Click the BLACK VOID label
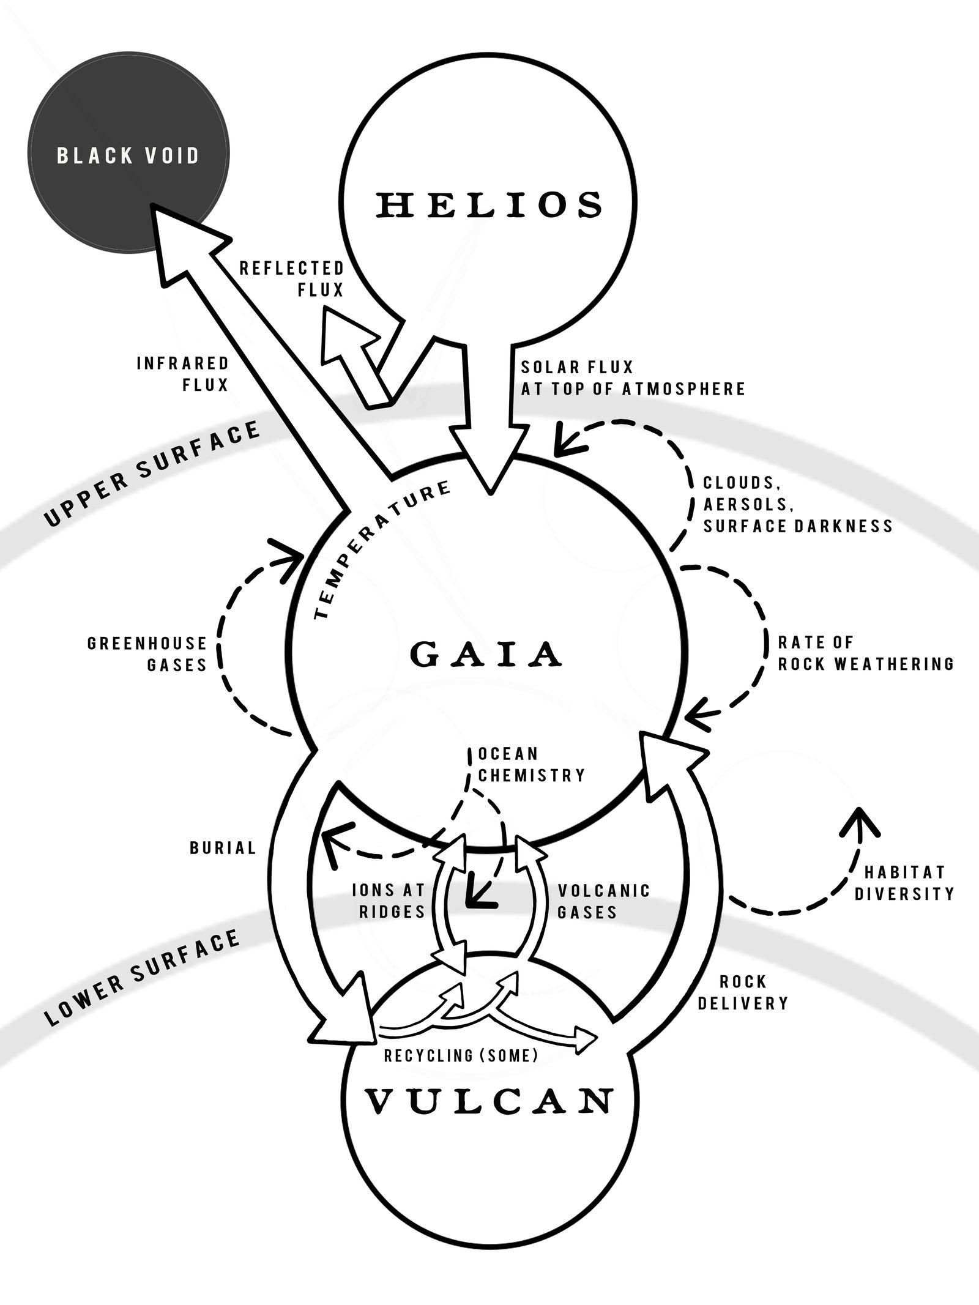128,155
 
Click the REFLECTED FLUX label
292,279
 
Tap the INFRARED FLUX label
182,374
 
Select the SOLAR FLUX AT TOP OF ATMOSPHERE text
633,377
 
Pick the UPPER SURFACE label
153,473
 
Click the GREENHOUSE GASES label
147,654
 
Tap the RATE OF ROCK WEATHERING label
865,653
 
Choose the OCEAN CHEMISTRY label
531,764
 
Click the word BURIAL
223,848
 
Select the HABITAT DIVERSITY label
904,882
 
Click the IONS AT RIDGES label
389,901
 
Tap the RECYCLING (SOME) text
461,1055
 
